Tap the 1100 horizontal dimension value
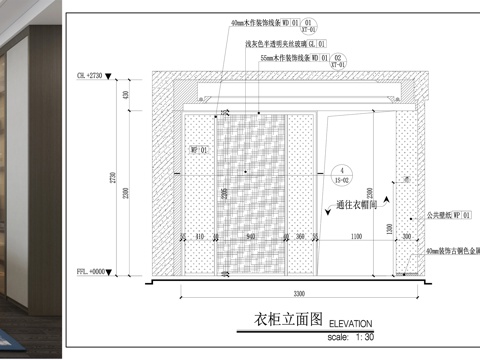click(357, 237)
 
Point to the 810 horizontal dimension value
click(200, 237)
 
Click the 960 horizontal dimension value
click(251, 237)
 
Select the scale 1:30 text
click(349, 337)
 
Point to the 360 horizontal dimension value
click(301, 237)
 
